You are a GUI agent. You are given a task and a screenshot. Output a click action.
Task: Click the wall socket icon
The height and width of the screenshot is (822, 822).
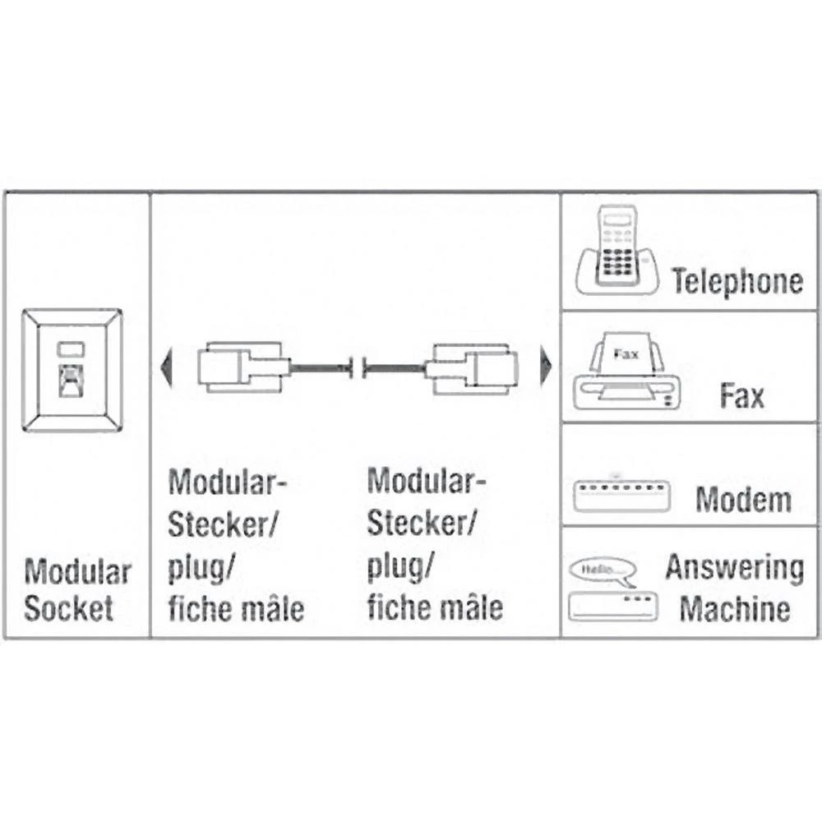[x=72, y=371]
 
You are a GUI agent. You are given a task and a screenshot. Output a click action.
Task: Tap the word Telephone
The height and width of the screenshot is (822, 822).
[x=737, y=281]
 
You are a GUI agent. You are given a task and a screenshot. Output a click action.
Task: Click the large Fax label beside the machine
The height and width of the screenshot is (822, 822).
[x=741, y=396]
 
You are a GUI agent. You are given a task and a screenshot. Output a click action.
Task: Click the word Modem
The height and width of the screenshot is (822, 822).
[x=743, y=500]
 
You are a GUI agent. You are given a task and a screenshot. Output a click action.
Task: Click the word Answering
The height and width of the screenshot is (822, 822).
[x=734, y=567]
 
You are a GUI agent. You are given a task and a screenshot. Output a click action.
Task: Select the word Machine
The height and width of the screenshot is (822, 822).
[x=735, y=609]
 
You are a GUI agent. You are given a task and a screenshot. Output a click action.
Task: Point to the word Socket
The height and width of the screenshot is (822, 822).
[x=68, y=609]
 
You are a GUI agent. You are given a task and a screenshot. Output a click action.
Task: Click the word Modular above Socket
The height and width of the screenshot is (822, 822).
[x=77, y=571]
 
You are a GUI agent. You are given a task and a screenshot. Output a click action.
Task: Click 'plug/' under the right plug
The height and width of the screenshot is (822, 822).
[x=400, y=567]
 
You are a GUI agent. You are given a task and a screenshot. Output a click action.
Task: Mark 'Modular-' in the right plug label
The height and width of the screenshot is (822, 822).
[x=427, y=481]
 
